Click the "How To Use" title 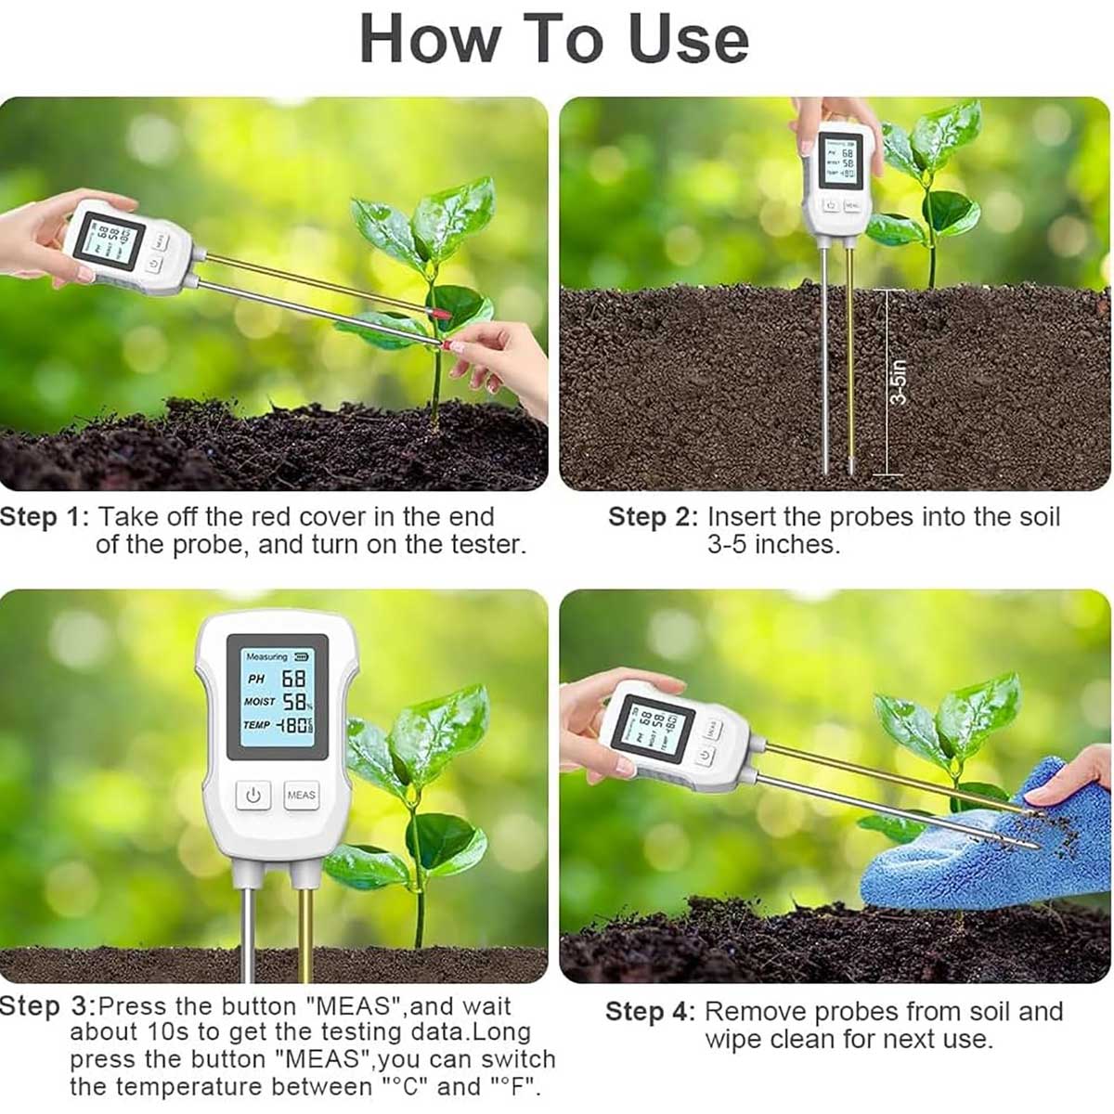click(x=554, y=39)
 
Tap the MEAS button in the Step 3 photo click(x=301, y=795)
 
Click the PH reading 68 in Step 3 click(x=293, y=680)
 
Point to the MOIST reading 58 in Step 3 click(x=295, y=702)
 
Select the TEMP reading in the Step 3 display click(x=296, y=725)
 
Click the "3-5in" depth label click(x=898, y=382)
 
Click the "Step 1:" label click(x=45, y=517)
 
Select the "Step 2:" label click(x=652, y=517)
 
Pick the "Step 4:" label click(x=649, y=1012)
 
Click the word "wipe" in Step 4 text click(x=735, y=1039)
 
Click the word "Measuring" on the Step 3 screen click(x=266, y=656)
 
